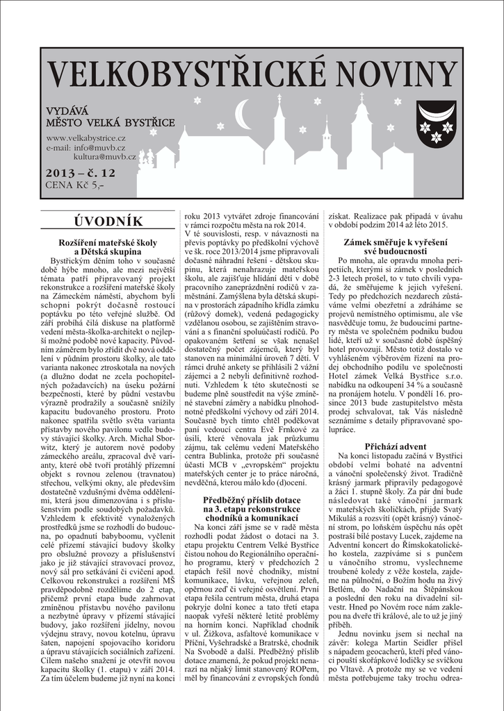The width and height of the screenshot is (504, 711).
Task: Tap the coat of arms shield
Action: pyautogui.click(x=436, y=123)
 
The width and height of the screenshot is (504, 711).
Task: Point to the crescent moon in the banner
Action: pyautogui.click(x=243, y=114)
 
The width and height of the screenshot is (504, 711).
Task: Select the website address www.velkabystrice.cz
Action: pyautogui.click(x=86, y=138)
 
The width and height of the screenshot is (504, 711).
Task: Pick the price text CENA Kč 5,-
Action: pyautogui.click(x=74, y=185)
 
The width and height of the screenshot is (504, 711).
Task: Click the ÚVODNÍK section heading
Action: pyautogui.click(x=108, y=221)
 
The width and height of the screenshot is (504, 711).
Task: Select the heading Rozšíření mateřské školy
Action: pyautogui.click(x=108, y=242)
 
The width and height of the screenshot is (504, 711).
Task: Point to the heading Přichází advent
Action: pyautogui.click(x=396, y=446)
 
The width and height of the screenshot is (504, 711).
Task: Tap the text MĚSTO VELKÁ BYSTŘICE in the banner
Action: pyautogui.click(x=110, y=123)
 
